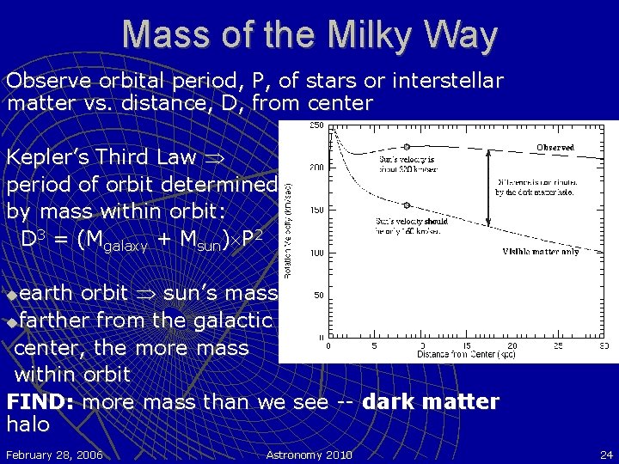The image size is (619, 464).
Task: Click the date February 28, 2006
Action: [54, 454]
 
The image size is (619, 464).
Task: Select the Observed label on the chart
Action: [555, 147]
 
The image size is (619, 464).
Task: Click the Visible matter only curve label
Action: [540, 252]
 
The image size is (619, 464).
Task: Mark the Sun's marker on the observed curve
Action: [407, 147]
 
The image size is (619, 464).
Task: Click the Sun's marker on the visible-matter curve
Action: [407, 205]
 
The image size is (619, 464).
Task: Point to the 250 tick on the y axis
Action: [316, 125]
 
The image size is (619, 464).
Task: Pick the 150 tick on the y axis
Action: [316, 210]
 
